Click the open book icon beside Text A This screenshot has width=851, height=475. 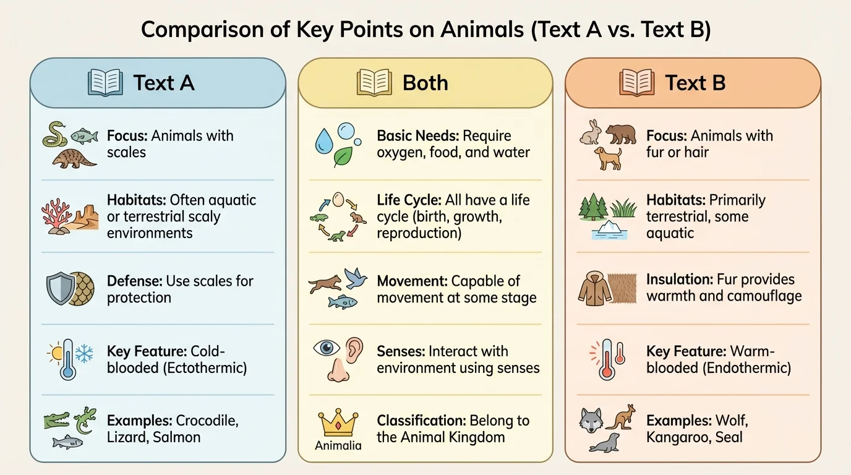(x=105, y=83)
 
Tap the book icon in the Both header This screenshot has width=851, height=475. (x=375, y=83)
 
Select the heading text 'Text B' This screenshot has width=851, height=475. (x=695, y=83)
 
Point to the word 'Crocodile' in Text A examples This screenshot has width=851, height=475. (x=207, y=421)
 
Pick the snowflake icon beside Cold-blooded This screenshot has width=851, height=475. (x=83, y=353)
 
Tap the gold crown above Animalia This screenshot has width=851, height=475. (x=338, y=422)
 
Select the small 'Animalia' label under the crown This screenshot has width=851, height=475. (x=338, y=445)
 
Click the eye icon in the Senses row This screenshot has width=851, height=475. (x=327, y=347)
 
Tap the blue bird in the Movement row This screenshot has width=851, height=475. (x=356, y=278)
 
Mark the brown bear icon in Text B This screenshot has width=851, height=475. (x=620, y=134)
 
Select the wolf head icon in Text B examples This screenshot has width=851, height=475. (x=591, y=421)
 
